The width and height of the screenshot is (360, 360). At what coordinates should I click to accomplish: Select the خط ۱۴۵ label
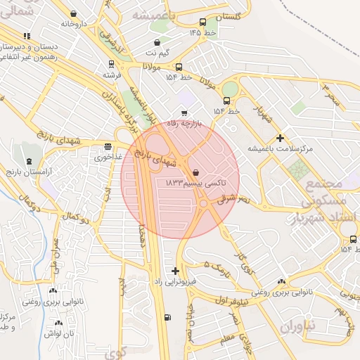200,32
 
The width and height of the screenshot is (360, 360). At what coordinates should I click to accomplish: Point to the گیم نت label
157,53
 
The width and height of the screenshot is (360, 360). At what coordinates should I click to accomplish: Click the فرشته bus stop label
112,74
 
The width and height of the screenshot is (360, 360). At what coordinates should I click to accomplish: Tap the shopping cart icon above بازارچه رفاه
184,112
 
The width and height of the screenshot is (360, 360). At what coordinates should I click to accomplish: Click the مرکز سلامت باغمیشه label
280,149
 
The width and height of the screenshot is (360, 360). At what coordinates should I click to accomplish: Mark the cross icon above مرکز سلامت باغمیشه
281,138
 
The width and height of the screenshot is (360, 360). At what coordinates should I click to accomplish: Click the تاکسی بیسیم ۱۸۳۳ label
195,182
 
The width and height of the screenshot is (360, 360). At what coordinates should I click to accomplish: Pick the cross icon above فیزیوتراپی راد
175,271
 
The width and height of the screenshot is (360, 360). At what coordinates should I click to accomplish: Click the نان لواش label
59,333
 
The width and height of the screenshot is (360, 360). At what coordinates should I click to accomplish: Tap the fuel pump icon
167,317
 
